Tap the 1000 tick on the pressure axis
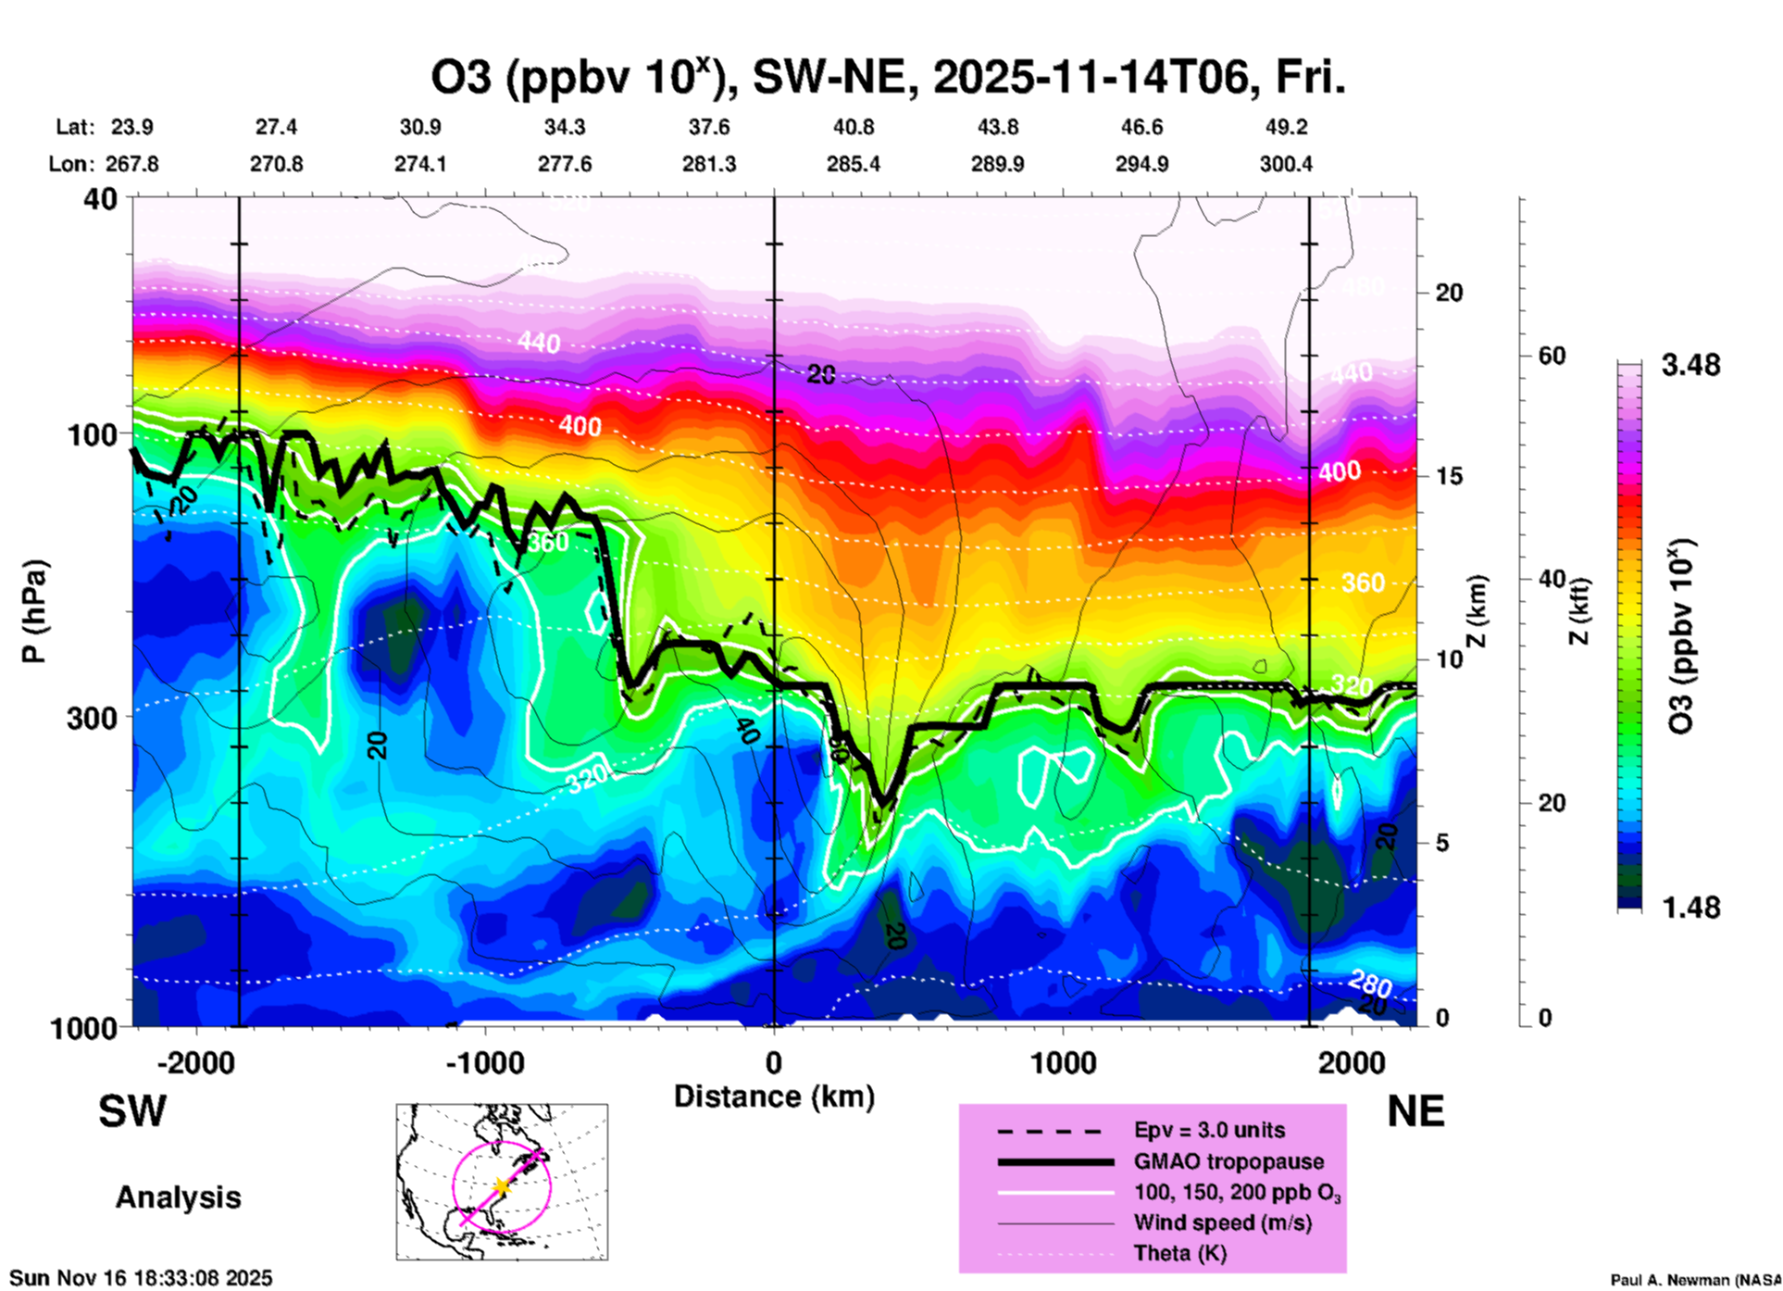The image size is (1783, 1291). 91,1027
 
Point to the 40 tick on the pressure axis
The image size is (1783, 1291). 102,198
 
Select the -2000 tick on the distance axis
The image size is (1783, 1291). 195,1062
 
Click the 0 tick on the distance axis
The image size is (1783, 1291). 774,1062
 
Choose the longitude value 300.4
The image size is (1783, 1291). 1285,164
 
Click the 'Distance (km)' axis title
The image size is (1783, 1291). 774,1097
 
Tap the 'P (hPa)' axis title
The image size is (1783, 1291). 34,611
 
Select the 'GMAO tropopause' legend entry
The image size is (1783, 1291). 1228,1161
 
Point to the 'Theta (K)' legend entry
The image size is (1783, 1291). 1179,1253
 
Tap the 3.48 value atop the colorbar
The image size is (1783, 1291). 1690,365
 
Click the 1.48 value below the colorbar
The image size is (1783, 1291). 1690,907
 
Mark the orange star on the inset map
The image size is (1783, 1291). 501,1185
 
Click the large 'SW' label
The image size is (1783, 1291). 132,1111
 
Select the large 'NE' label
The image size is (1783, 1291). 1415,1111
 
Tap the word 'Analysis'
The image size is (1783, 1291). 178,1197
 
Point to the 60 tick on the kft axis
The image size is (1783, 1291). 1552,356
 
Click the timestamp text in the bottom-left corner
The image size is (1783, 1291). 141,1278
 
